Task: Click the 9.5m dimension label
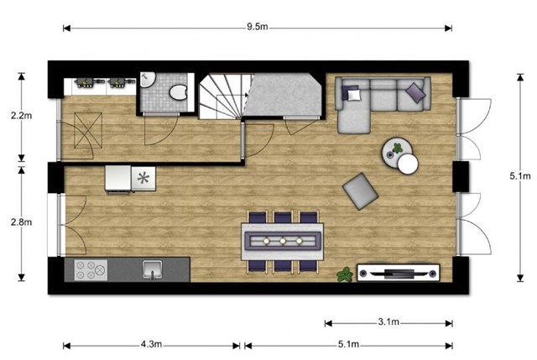point(258,27)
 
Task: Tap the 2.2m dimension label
point(21,116)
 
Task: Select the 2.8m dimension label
point(21,222)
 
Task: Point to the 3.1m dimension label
point(388,322)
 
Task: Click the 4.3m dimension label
point(151,344)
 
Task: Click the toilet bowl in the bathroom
point(178,92)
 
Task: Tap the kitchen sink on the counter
point(153,269)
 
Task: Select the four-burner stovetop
point(91,270)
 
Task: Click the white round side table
point(408,164)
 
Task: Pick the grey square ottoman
point(360,191)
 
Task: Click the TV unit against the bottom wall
point(399,273)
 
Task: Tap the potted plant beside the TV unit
point(345,274)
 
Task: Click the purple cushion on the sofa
point(415,92)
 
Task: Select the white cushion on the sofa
point(354,94)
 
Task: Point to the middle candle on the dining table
point(283,241)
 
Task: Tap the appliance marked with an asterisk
point(143,178)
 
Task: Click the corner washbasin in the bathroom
point(147,80)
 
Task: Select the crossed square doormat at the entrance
point(88,131)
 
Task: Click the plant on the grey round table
point(397,149)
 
